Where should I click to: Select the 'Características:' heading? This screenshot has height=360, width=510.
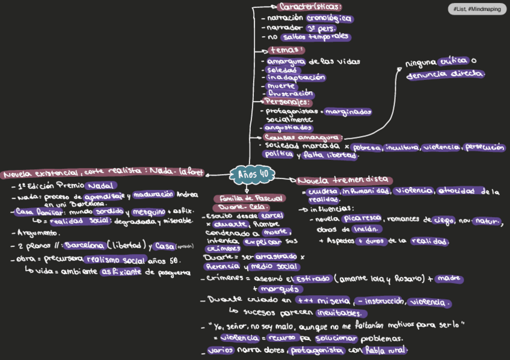(310, 7)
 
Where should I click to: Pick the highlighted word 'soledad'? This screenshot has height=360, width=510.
(281, 70)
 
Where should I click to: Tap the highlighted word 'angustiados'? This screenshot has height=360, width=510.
(289, 128)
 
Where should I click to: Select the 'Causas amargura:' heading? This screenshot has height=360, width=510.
(303, 138)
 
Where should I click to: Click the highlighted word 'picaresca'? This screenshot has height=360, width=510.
(360, 220)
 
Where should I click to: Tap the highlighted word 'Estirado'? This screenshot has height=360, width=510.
(312, 279)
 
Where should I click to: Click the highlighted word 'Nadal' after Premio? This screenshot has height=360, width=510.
(102, 185)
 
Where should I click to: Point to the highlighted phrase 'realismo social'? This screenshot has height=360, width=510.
(116, 260)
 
